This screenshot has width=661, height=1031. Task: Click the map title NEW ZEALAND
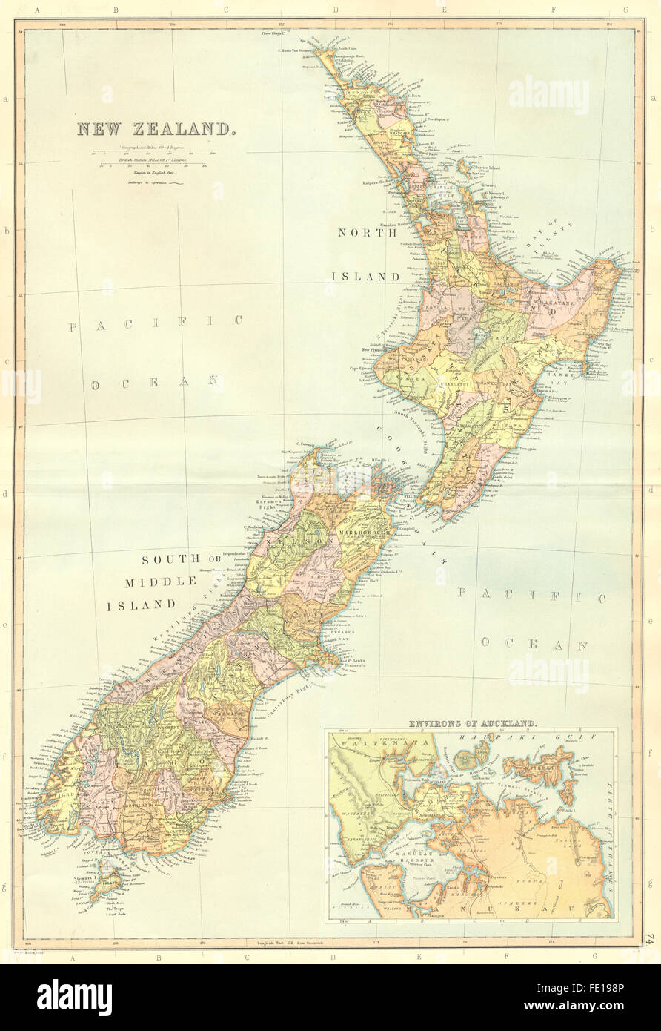pos(157,129)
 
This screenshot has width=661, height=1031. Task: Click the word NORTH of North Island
pos(363,232)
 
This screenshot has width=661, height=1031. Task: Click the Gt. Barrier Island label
pos(485,168)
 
